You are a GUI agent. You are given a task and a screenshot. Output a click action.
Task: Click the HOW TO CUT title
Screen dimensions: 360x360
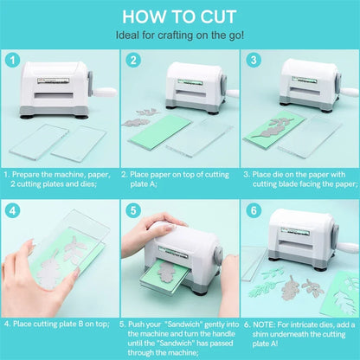tap(180, 16)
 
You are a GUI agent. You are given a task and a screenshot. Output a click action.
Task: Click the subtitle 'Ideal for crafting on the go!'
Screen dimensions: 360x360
tap(180, 35)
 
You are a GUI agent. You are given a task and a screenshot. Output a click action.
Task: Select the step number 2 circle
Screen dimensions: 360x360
tap(134, 61)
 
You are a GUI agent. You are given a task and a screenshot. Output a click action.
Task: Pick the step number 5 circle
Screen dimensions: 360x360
tap(134, 210)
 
